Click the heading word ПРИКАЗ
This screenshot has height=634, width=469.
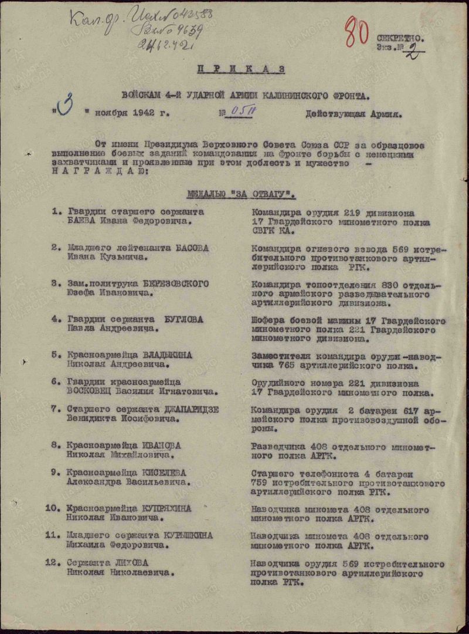click(x=241, y=69)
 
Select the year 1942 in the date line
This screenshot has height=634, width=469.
click(x=144, y=114)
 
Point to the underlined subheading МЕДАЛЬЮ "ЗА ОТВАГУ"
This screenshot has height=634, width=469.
click(x=241, y=194)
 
